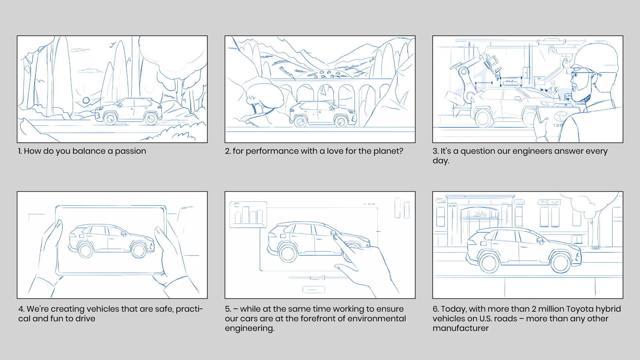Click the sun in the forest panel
(86, 100)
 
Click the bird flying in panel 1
(113, 45)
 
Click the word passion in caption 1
(130, 151)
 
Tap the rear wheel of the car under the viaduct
(300, 121)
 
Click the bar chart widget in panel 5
(248, 215)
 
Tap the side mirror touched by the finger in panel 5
(333, 233)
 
